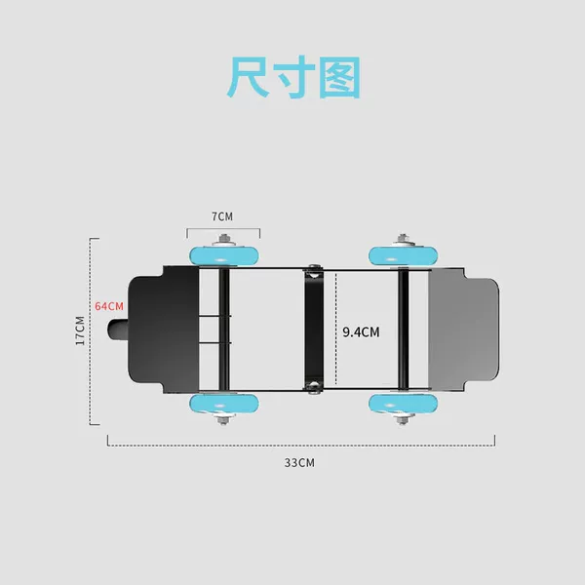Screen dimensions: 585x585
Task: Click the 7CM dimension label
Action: (222, 216)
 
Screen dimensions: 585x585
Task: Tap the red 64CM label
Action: (109, 306)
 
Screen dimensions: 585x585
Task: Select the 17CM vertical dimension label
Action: (80, 331)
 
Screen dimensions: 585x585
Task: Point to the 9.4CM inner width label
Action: (361, 332)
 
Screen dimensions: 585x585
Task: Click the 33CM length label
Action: (299, 462)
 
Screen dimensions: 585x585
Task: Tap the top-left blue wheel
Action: (224, 255)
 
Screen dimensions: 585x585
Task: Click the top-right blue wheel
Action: (403, 255)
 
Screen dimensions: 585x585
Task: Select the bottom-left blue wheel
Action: (224, 404)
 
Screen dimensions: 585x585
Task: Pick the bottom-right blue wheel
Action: (403, 404)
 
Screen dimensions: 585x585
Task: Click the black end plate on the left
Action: (164, 330)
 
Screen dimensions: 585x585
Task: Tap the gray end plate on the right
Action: (463, 330)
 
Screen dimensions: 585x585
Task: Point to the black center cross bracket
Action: (314, 330)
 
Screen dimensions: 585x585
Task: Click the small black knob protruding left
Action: (118, 330)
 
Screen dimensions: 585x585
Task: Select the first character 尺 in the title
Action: (248, 77)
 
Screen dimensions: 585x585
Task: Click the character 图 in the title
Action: (340, 77)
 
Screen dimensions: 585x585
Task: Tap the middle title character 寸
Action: (294, 77)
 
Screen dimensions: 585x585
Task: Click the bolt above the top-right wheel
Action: (402, 240)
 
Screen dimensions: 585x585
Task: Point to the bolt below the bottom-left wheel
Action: (223, 419)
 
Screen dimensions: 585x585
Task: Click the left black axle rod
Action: (224, 330)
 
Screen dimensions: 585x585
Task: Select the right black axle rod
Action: (403, 330)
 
